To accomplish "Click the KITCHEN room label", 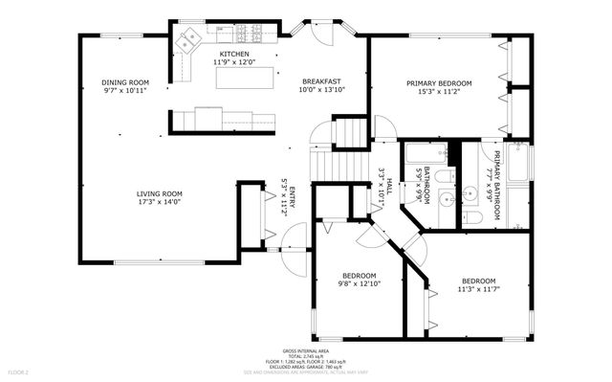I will (234, 54).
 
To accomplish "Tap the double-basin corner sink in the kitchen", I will (186, 40).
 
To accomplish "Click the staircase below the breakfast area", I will (350, 132).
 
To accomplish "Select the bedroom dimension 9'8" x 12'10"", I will (359, 283).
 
